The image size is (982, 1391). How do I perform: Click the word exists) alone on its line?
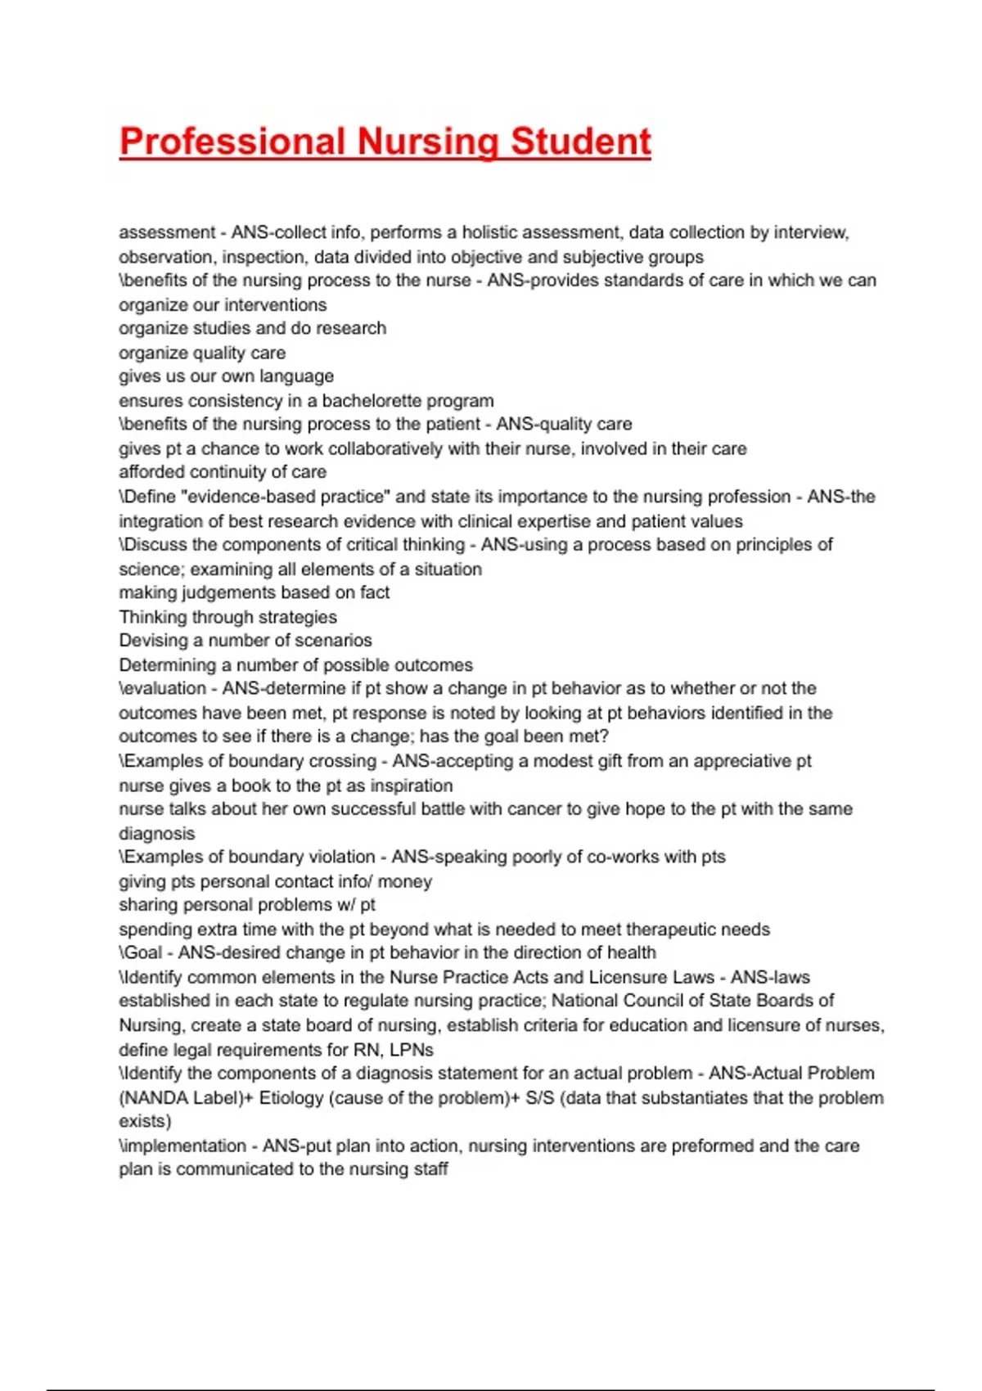click(145, 1121)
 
